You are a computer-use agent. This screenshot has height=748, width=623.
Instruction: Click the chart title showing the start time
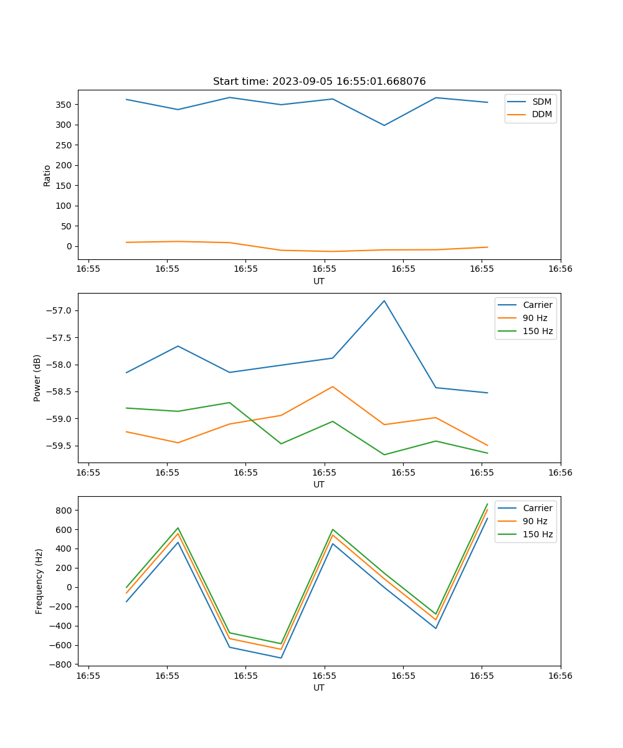coord(319,82)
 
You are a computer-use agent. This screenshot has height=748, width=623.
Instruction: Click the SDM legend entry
coord(541,102)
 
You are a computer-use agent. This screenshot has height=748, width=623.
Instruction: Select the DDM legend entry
coord(541,115)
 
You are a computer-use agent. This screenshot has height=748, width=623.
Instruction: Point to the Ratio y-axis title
coord(47,175)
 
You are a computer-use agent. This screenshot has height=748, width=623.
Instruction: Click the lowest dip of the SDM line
coord(384,125)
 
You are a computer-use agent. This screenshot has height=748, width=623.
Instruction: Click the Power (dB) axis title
coord(37,378)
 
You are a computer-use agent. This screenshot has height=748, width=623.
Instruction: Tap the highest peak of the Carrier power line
coord(384,300)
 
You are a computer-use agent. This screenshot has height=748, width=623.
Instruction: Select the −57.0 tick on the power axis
coord(60,311)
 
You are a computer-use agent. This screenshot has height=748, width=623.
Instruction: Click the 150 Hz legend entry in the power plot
coord(538,331)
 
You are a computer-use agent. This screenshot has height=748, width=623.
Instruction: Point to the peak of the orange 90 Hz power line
coord(333,386)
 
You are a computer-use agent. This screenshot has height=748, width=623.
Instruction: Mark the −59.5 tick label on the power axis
coord(60,446)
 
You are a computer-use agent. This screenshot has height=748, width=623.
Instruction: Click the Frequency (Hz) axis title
coord(39,581)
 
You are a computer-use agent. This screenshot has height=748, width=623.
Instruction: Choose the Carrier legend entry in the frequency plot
coord(537,508)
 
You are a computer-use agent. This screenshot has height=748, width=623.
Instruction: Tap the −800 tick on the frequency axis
coord(62,664)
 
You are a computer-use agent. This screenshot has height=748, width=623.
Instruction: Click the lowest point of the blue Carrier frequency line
coord(281,658)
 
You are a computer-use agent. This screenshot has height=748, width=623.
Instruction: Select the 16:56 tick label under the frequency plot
coord(561,676)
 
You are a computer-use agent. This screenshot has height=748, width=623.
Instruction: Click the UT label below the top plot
coord(319,281)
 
